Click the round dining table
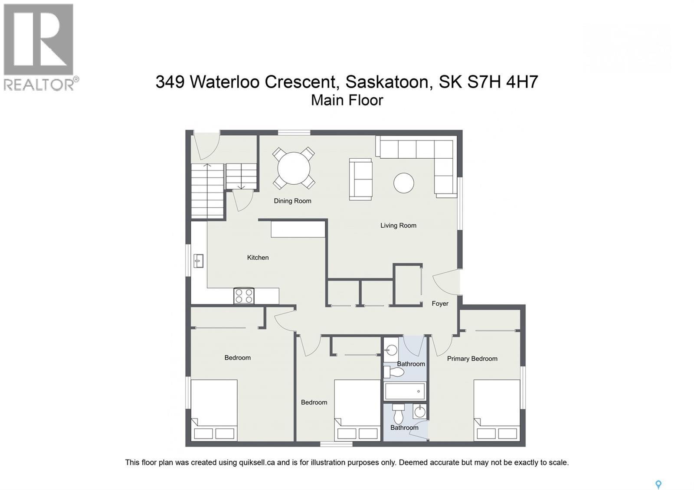pyautogui.click(x=294, y=168)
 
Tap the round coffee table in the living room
pyautogui.click(x=403, y=183)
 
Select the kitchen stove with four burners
pyautogui.click(x=244, y=296)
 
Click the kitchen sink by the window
pyautogui.click(x=199, y=261)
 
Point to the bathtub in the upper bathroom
pyautogui.click(x=405, y=392)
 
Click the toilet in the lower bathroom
pyautogui.click(x=398, y=415)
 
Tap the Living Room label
pyautogui.click(x=398, y=225)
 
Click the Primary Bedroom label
pyautogui.click(x=472, y=359)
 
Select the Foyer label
pyautogui.click(x=440, y=304)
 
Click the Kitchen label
pyautogui.click(x=258, y=258)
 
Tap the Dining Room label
pyautogui.click(x=292, y=201)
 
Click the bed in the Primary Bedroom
pyautogui.click(x=497, y=410)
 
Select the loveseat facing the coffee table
pyautogui.click(x=360, y=179)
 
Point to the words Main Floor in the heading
pyautogui.click(x=347, y=100)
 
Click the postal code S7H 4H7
pyautogui.click(x=502, y=82)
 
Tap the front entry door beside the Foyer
pyautogui.click(x=447, y=282)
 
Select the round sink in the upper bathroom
pyautogui.click(x=392, y=350)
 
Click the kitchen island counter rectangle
pyautogui.click(x=298, y=229)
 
